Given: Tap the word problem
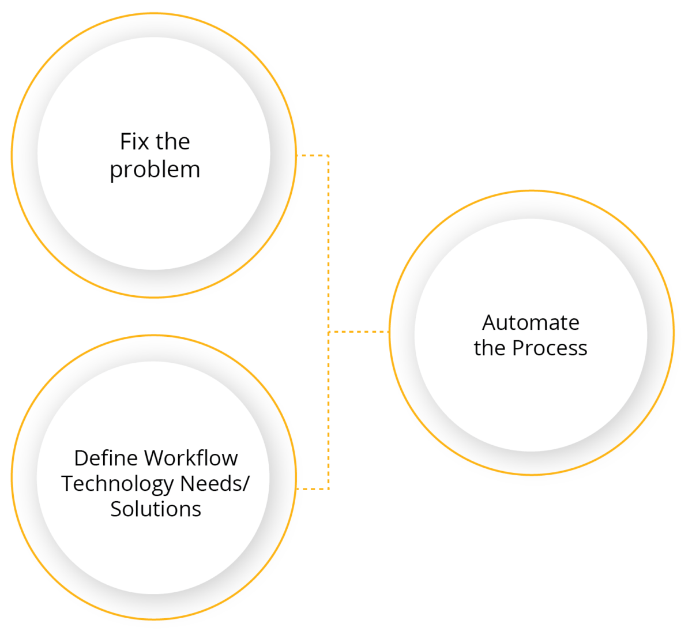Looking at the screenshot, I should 155,170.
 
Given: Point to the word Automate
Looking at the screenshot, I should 531,322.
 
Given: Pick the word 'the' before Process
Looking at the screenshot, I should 490,348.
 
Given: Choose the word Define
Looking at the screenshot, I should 106,458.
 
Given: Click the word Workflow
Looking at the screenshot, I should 191,458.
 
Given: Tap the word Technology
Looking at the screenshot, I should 118,483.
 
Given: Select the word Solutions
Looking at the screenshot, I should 156,509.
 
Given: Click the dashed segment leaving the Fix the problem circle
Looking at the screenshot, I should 312,155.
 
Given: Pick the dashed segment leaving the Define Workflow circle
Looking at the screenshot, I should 312,489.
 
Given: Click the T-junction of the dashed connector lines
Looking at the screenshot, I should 329,332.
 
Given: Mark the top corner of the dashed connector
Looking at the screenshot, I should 329,155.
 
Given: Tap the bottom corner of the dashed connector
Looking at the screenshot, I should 329,489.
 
